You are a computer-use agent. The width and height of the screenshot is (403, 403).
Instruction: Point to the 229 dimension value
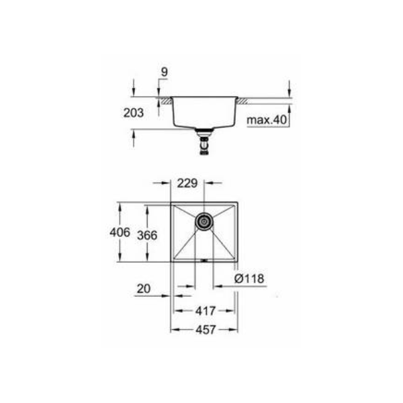[187, 181]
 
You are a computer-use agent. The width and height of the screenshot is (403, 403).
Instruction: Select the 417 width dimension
[205, 311]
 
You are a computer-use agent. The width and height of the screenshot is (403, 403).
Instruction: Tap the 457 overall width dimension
[205, 330]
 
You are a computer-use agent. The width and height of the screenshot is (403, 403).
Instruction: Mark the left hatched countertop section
[164, 100]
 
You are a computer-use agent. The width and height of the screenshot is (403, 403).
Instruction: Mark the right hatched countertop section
[245, 100]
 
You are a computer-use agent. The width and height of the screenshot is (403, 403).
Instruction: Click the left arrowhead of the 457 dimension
[174, 330]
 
